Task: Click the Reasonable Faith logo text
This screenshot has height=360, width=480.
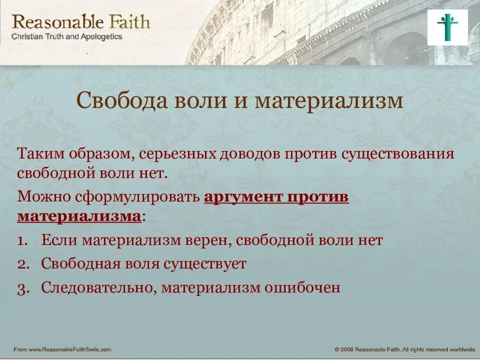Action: coord(80,22)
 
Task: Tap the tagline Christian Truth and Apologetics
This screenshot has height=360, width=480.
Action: coord(66,37)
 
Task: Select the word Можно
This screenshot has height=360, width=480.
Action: coord(43,196)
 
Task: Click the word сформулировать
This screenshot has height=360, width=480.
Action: coord(137,196)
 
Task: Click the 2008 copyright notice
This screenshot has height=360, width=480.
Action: coord(404,349)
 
